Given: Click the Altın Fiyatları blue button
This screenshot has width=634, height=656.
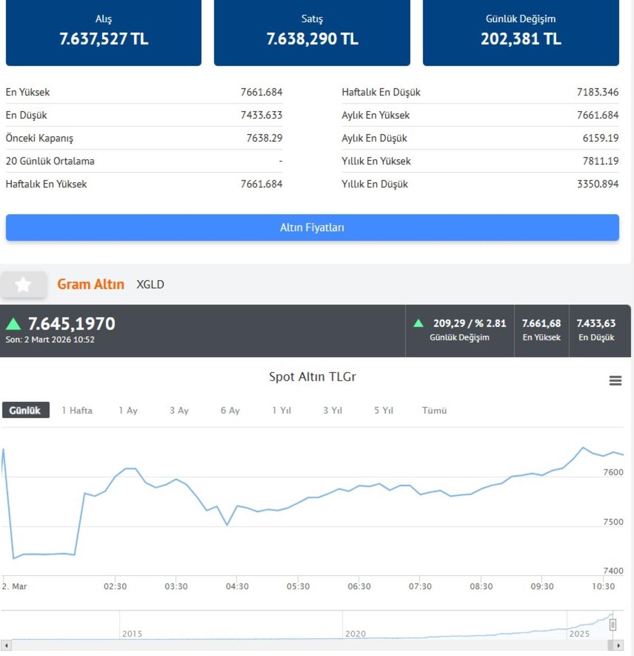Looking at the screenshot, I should (x=312, y=228).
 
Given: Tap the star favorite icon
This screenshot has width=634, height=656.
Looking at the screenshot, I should (x=23, y=285).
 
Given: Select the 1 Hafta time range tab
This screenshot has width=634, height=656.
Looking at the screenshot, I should (x=77, y=411).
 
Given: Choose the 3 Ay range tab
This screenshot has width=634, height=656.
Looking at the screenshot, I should (x=179, y=411).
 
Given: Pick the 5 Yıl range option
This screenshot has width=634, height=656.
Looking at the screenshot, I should (x=384, y=411).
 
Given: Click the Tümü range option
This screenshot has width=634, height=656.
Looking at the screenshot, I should (x=434, y=411).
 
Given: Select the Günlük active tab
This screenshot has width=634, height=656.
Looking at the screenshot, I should (x=25, y=411).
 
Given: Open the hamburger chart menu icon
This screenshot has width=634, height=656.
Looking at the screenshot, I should (x=615, y=381).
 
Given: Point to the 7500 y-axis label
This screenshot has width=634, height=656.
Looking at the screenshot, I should (x=613, y=522).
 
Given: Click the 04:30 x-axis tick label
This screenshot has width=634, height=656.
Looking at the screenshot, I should (x=237, y=586).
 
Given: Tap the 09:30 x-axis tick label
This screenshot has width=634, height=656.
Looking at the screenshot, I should (x=542, y=586).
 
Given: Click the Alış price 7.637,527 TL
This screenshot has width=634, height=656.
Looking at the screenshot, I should (x=104, y=39).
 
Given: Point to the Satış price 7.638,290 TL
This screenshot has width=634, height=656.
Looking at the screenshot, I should (x=312, y=39).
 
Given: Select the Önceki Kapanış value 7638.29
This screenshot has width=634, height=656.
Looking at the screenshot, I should (x=264, y=138).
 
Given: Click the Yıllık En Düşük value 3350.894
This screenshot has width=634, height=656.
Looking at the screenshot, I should (x=598, y=184).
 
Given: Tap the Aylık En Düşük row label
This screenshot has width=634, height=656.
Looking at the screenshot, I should (x=374, y=138).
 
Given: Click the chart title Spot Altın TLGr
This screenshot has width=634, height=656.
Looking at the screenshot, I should (x=312, y=377).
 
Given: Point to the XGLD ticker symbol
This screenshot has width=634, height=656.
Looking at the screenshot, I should (x=150, y=285).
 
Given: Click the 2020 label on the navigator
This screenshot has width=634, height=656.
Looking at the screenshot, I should (x=355, y=634).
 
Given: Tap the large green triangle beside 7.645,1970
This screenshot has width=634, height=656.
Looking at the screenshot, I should (x=13, y=324).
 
